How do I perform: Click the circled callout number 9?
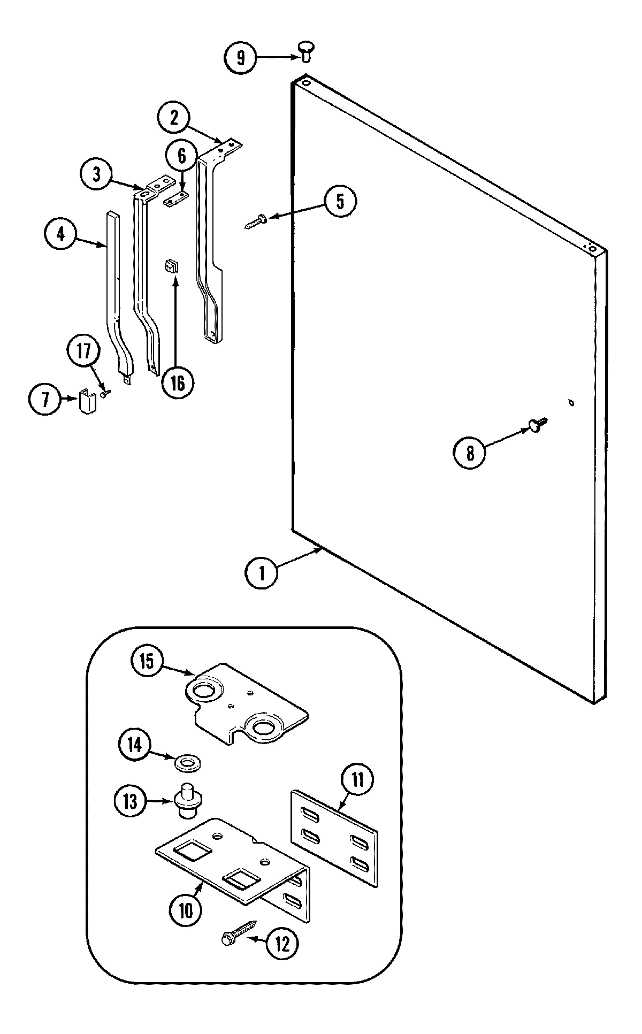tap(241, 57)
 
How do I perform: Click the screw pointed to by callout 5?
tap(256, 220)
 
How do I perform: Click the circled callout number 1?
tap(262, 573)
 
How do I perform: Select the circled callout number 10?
tap(185, 909)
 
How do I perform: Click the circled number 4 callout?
tap(61, 234)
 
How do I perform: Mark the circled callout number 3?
tap(97, 174)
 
